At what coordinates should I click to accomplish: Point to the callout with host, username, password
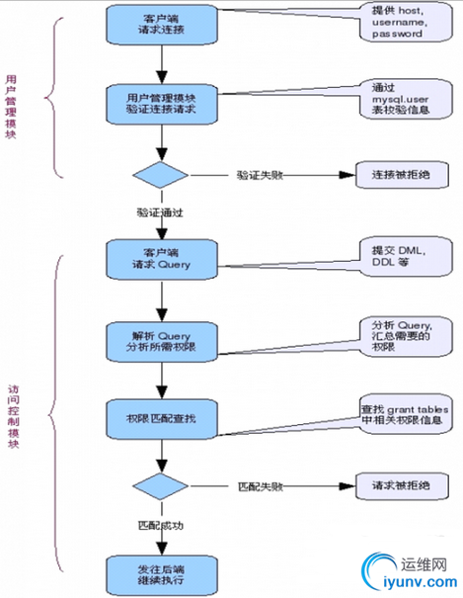tap(403, 21)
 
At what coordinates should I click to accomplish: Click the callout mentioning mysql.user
tap(403, 99)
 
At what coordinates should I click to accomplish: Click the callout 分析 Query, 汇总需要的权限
tap(403, 335)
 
